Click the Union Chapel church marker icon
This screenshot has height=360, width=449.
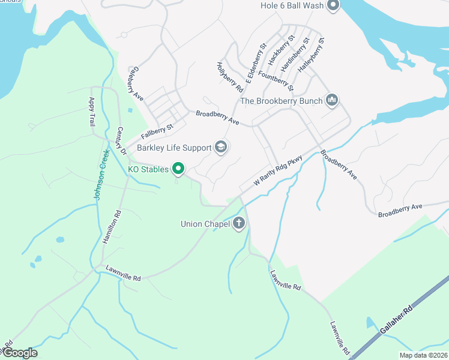click(x=239, y=224)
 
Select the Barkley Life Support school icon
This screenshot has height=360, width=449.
click(x=221, y=148)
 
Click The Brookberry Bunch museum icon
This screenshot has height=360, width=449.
click(x=332, y=100)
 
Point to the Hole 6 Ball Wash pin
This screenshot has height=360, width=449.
click(x=333, y=6)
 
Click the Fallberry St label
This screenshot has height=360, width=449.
click(x=157, y=131)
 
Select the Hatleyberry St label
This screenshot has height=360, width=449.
click(x=312, y=56)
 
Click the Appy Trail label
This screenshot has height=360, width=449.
click(x=92, y=112)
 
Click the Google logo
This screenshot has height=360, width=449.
click(x=19, y=353)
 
